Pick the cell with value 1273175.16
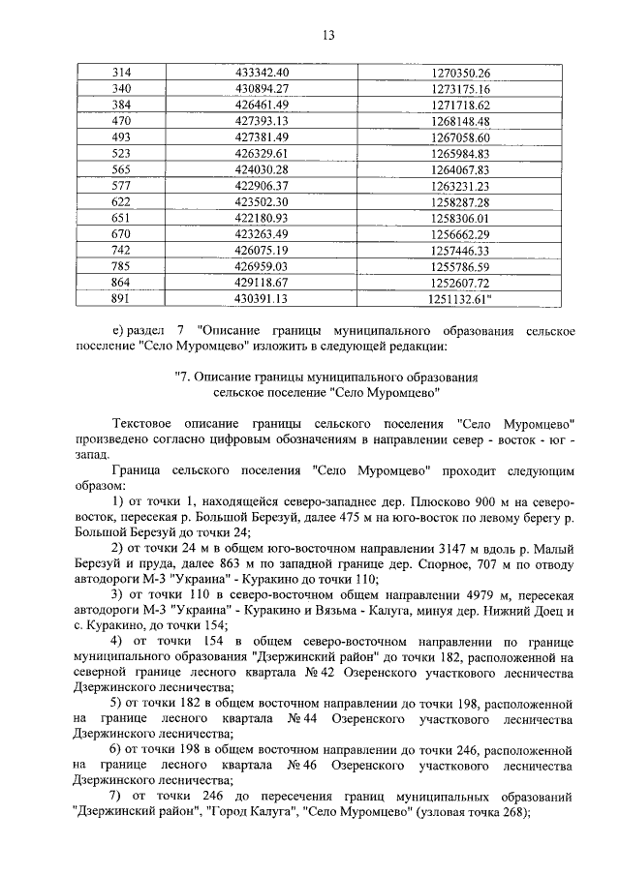point(458,89)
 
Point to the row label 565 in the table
point(122,169)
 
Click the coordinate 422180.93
point(263,218)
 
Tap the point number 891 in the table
point(122,299)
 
